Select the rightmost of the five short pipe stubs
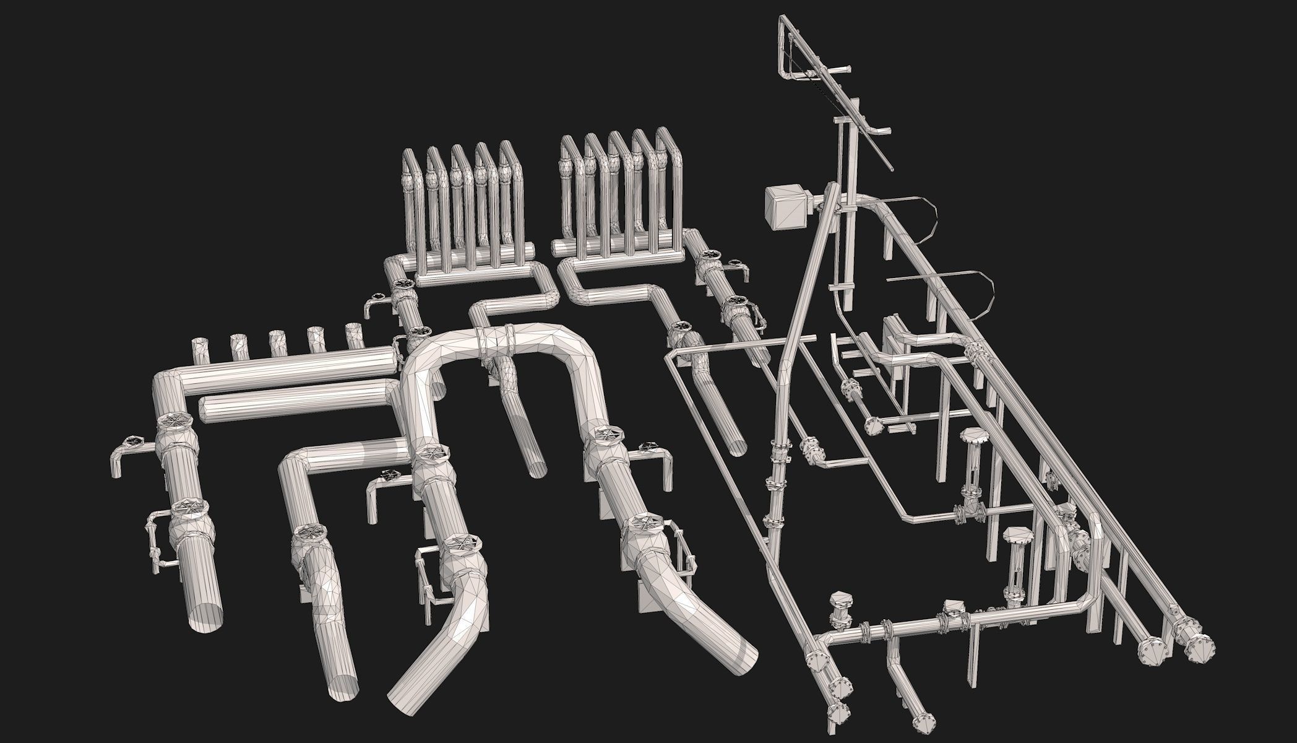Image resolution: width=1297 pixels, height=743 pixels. [x=354, y=336]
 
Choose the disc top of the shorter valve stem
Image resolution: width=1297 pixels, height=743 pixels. [x=1015, y=534]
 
